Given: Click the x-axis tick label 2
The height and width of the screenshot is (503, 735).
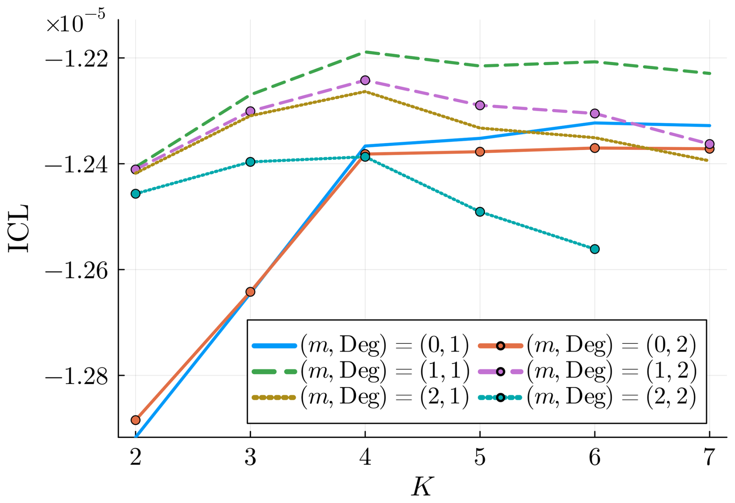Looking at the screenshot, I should [135, 458].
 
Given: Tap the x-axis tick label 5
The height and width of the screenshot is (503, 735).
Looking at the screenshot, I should [480, 458].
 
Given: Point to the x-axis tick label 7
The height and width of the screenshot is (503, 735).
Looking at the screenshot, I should [709, 458].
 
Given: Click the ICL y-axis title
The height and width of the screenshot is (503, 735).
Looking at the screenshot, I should [18, 228].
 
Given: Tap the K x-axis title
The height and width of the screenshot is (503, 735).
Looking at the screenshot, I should [422, 487].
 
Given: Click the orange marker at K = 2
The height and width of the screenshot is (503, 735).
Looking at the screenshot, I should [135, 420].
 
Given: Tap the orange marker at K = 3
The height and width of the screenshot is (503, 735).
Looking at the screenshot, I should [250, 292].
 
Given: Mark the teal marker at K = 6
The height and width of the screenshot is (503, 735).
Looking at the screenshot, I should [594, 249].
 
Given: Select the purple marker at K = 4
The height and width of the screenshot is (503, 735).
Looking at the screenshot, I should [365, 80].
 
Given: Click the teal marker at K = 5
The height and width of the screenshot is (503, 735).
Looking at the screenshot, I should [480, 212].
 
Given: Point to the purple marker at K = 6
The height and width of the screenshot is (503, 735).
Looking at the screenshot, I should [594, 113].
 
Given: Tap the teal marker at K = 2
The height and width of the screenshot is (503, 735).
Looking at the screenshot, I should [135, 194].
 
